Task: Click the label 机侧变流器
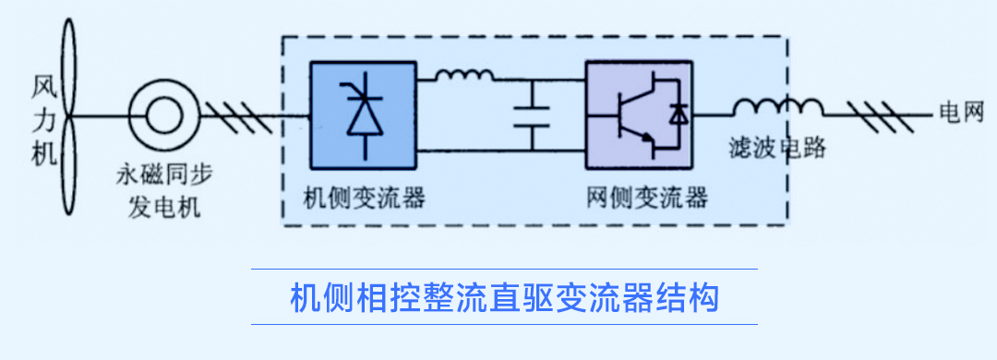click(x=356, y=197)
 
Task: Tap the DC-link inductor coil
click(x=463, y=78)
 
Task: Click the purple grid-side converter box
click(x=638, y=114)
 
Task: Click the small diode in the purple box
click(x=679, y=114)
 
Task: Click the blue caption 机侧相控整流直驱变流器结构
click(x=504, y=297)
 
